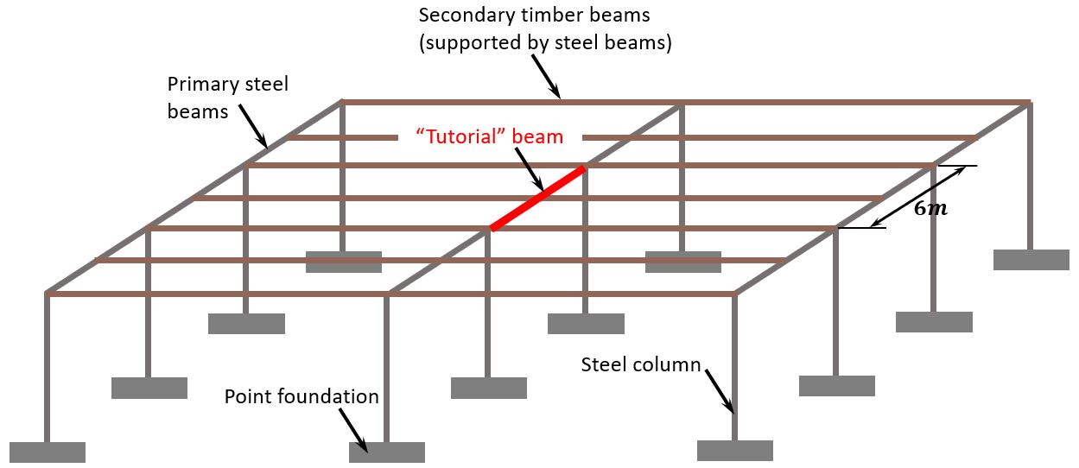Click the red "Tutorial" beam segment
tap(537, 199)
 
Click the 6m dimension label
tap(930, 209)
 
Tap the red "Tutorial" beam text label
tap(489, 136)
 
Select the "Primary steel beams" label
tap(227, 98)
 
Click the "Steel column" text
tap(640, 364)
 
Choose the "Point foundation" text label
tap(301, 396)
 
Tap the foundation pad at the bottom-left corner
tap(48, 452)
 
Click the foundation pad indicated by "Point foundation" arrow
tap(386, 452)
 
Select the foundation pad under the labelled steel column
tap(734, 450)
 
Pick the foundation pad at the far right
tap(1031, 259)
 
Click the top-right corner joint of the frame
tap(1028, 103)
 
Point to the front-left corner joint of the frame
tap(47, 294)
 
